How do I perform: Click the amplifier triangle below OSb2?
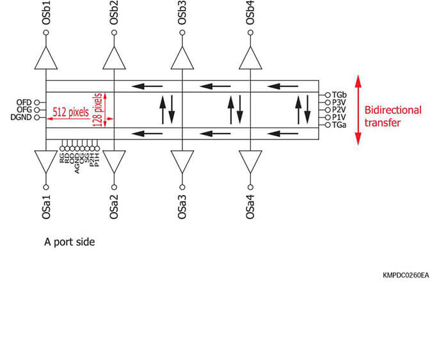coord(114,59)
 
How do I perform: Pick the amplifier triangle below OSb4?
coord(251,59)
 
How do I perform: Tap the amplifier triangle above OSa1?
coord(46,161)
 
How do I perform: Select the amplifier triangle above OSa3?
coord(182,161)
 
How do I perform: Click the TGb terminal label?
coord(339,95)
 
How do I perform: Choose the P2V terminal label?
coord(339,110)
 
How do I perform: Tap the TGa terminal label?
coord(339,125)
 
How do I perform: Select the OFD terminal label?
coord(24,102)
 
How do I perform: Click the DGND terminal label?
coord(21,118)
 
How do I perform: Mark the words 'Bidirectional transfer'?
coord(392,116)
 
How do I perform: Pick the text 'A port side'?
coord(70,242)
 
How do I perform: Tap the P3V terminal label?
coord(339,102)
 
